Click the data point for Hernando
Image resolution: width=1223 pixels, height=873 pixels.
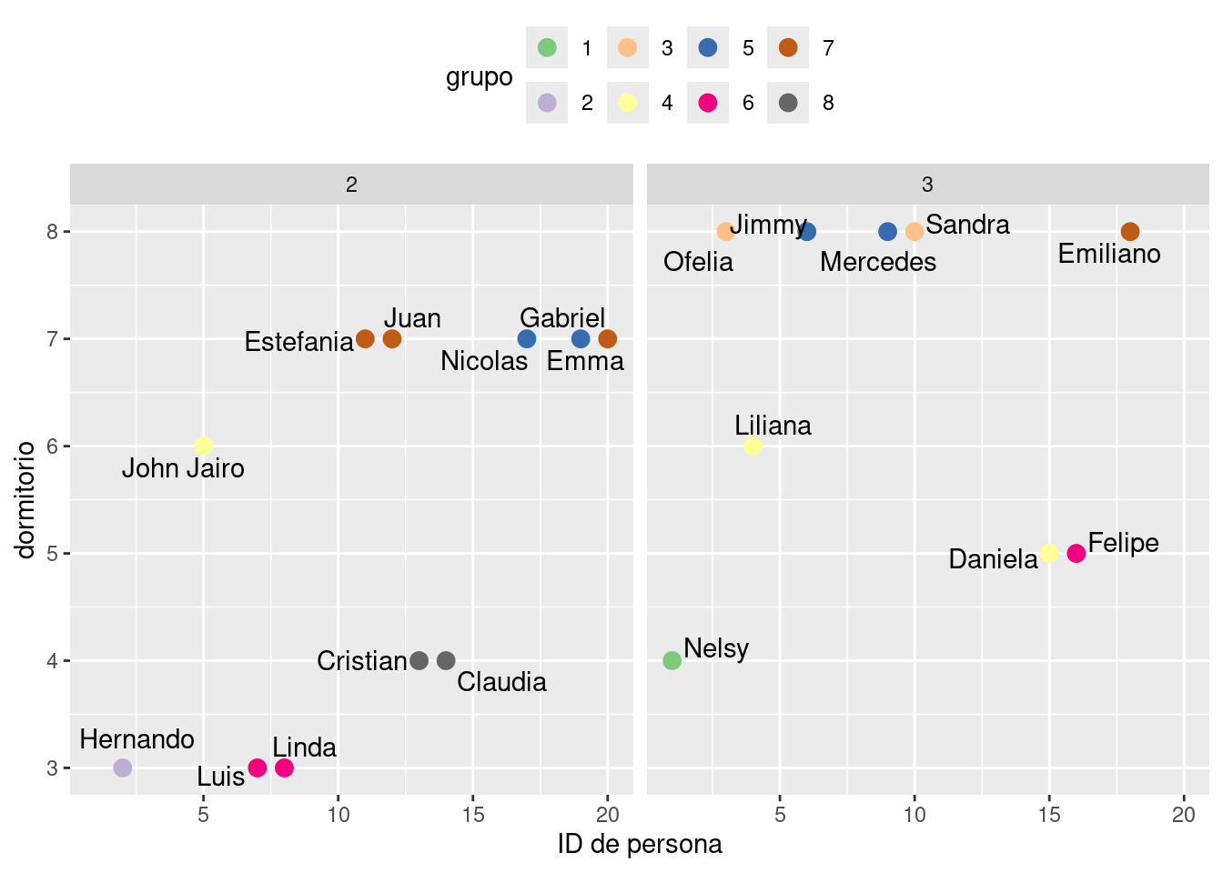(123, 768)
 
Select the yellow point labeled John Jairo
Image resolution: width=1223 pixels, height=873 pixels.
(204, 446)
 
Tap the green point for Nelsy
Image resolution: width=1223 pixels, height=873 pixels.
(672, 660)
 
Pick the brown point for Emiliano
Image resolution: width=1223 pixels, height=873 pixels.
(1130, 232)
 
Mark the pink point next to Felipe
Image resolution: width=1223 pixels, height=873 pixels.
(1076, 553)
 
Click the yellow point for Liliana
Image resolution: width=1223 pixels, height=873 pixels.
(753, 446)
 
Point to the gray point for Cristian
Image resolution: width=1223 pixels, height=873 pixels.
(419, 660)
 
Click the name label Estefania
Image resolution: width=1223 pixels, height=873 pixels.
(298, 342)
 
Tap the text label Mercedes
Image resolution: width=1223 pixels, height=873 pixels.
(877, 262)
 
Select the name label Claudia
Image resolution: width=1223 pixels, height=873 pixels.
(501, 682)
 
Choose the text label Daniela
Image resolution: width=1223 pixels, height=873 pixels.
(993, 559)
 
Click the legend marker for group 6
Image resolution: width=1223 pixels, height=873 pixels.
(708, 103)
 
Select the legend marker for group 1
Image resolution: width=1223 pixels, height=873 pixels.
(547, 47)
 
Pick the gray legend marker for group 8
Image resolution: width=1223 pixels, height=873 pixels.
(788, 103)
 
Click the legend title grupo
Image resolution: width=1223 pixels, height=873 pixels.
(480, 77)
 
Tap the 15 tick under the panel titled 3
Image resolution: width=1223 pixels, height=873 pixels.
(1049, 814)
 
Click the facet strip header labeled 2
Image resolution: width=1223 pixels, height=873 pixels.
(351, 185)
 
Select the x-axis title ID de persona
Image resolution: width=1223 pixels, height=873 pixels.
(640, 844)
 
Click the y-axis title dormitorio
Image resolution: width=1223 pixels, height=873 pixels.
(25, 498)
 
